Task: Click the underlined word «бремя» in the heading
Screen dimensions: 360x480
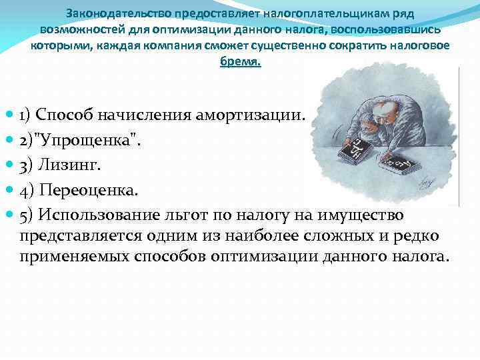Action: tap(241, 62)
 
